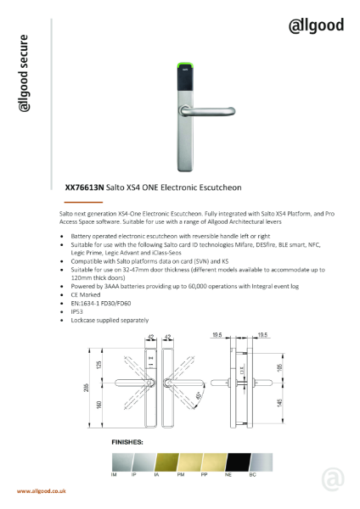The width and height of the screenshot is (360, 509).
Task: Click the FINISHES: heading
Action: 128,443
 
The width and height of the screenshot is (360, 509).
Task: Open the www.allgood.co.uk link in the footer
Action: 42,491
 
